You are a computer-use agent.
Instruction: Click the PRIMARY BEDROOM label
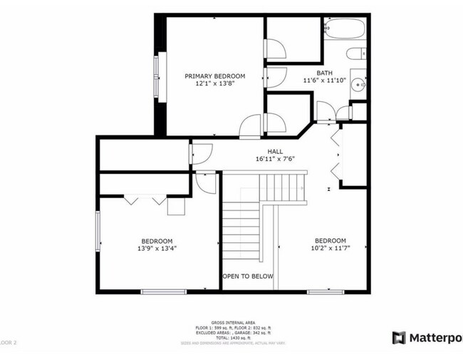click(x=214, y=76)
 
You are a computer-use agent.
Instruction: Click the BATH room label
click(x=324, y=73)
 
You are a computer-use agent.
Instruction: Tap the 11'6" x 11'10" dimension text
click(x=324, y=81)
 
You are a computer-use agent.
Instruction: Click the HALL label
click(x=275, y=151)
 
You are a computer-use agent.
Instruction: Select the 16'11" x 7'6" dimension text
click(x=275, y=159)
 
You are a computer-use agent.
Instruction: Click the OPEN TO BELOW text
click(x=247, y=277)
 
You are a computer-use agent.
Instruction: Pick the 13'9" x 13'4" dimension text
click(x=156, y=249)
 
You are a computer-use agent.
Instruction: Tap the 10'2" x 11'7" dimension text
click(x=331, y=249)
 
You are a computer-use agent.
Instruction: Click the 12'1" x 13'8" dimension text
click(x=214, y=83)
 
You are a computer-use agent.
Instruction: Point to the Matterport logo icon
click(x=399, y=336)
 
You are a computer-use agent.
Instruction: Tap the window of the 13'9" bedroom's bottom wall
click(x=164, y=291)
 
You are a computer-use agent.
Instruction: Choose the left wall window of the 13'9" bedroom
click(x=98, y=230)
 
